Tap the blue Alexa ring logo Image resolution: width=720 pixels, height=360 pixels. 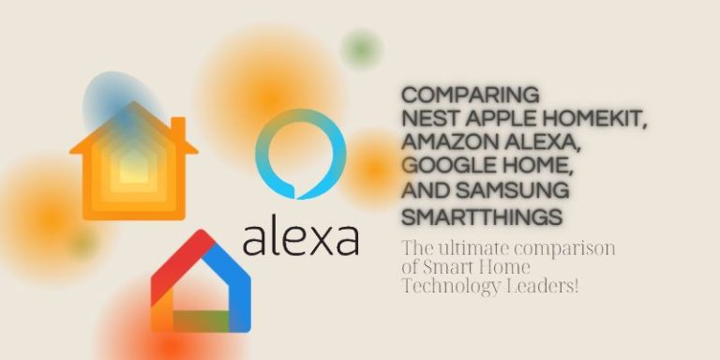coord(301,154)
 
